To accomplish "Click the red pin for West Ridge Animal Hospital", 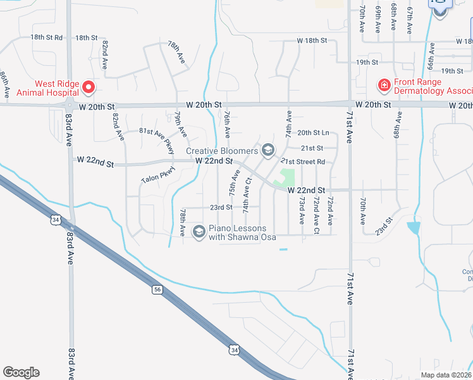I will coord(89,87).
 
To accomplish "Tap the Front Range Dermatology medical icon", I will coord(383,84).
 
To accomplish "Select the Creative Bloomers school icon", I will coord(267,150).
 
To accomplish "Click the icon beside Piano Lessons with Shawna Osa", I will coord(199,232).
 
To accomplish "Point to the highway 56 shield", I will coord(157,289).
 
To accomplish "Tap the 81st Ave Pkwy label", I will coord(157,139).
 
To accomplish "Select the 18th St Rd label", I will coord(47,38).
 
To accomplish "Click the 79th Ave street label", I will coord(181,124).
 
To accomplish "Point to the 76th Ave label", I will coord(226,124).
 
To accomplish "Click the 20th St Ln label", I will coord(314,132).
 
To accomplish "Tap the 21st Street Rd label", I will coord(303,161).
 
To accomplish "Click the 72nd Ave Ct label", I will coord(316,215).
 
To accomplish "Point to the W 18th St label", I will coord(312,41).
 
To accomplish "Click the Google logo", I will coord(21,372).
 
